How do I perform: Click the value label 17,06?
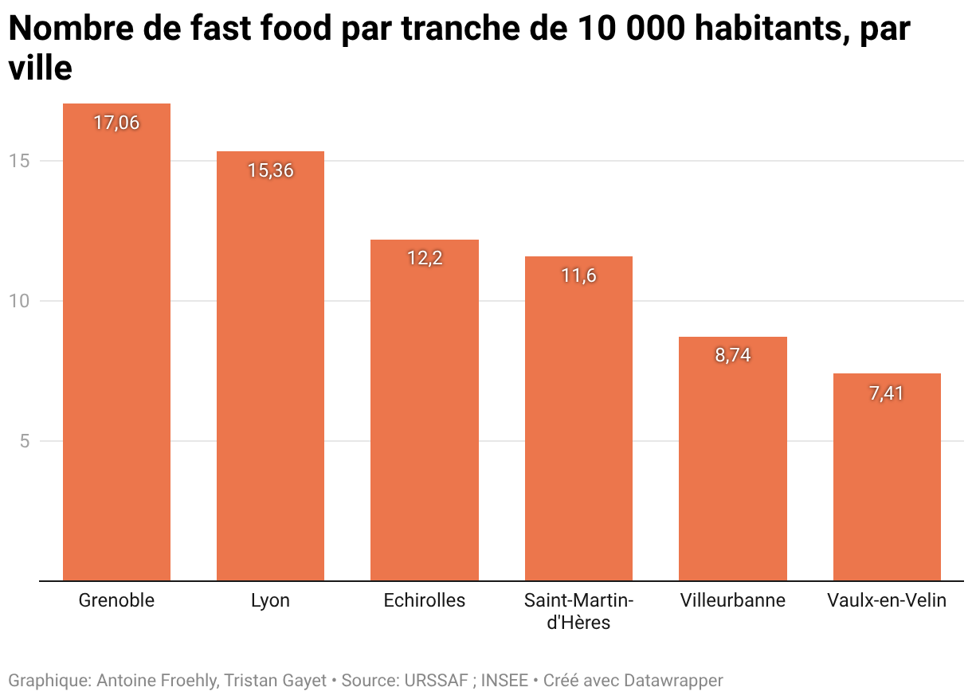[116, 123]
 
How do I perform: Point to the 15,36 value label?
[270, 170]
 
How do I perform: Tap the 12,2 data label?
[425, 259]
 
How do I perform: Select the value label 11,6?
[578, 275]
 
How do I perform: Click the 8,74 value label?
[732, 356]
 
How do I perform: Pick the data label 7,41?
[887, 393]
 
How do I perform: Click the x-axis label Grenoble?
[116, 600]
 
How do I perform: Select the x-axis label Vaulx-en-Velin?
[887, 600]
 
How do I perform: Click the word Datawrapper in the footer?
[673, 681]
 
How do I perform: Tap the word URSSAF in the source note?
[437, 681]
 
